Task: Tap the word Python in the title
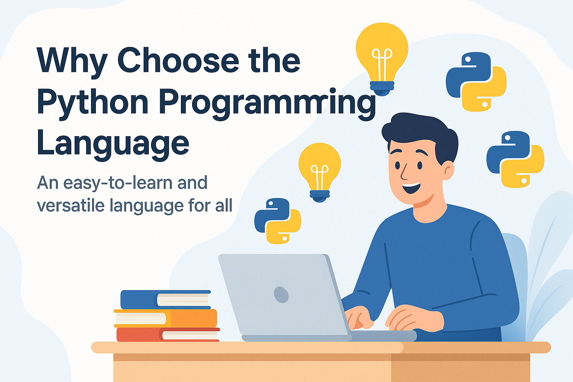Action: point(93,103)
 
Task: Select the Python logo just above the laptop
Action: point(278,221)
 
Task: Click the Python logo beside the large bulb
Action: point(476,81)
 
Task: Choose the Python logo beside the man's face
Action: point(515,159)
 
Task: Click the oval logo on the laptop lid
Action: point(281,294)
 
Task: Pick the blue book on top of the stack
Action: point(165,299)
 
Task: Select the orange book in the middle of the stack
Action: point(166,318)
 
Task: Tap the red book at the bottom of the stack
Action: point(168,334)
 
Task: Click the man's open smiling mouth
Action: point(412,187)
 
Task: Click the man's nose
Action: point(403,173)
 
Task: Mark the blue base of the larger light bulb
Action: point(382,87)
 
